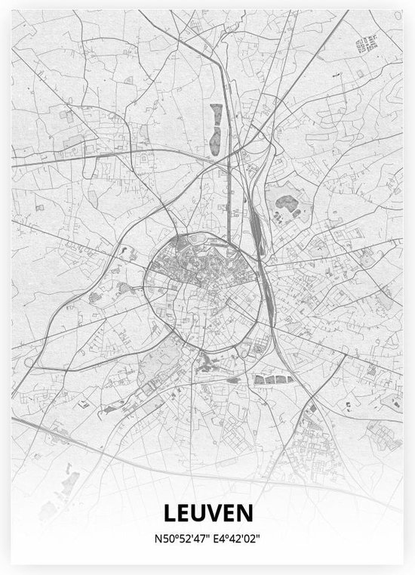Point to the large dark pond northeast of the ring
286,202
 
